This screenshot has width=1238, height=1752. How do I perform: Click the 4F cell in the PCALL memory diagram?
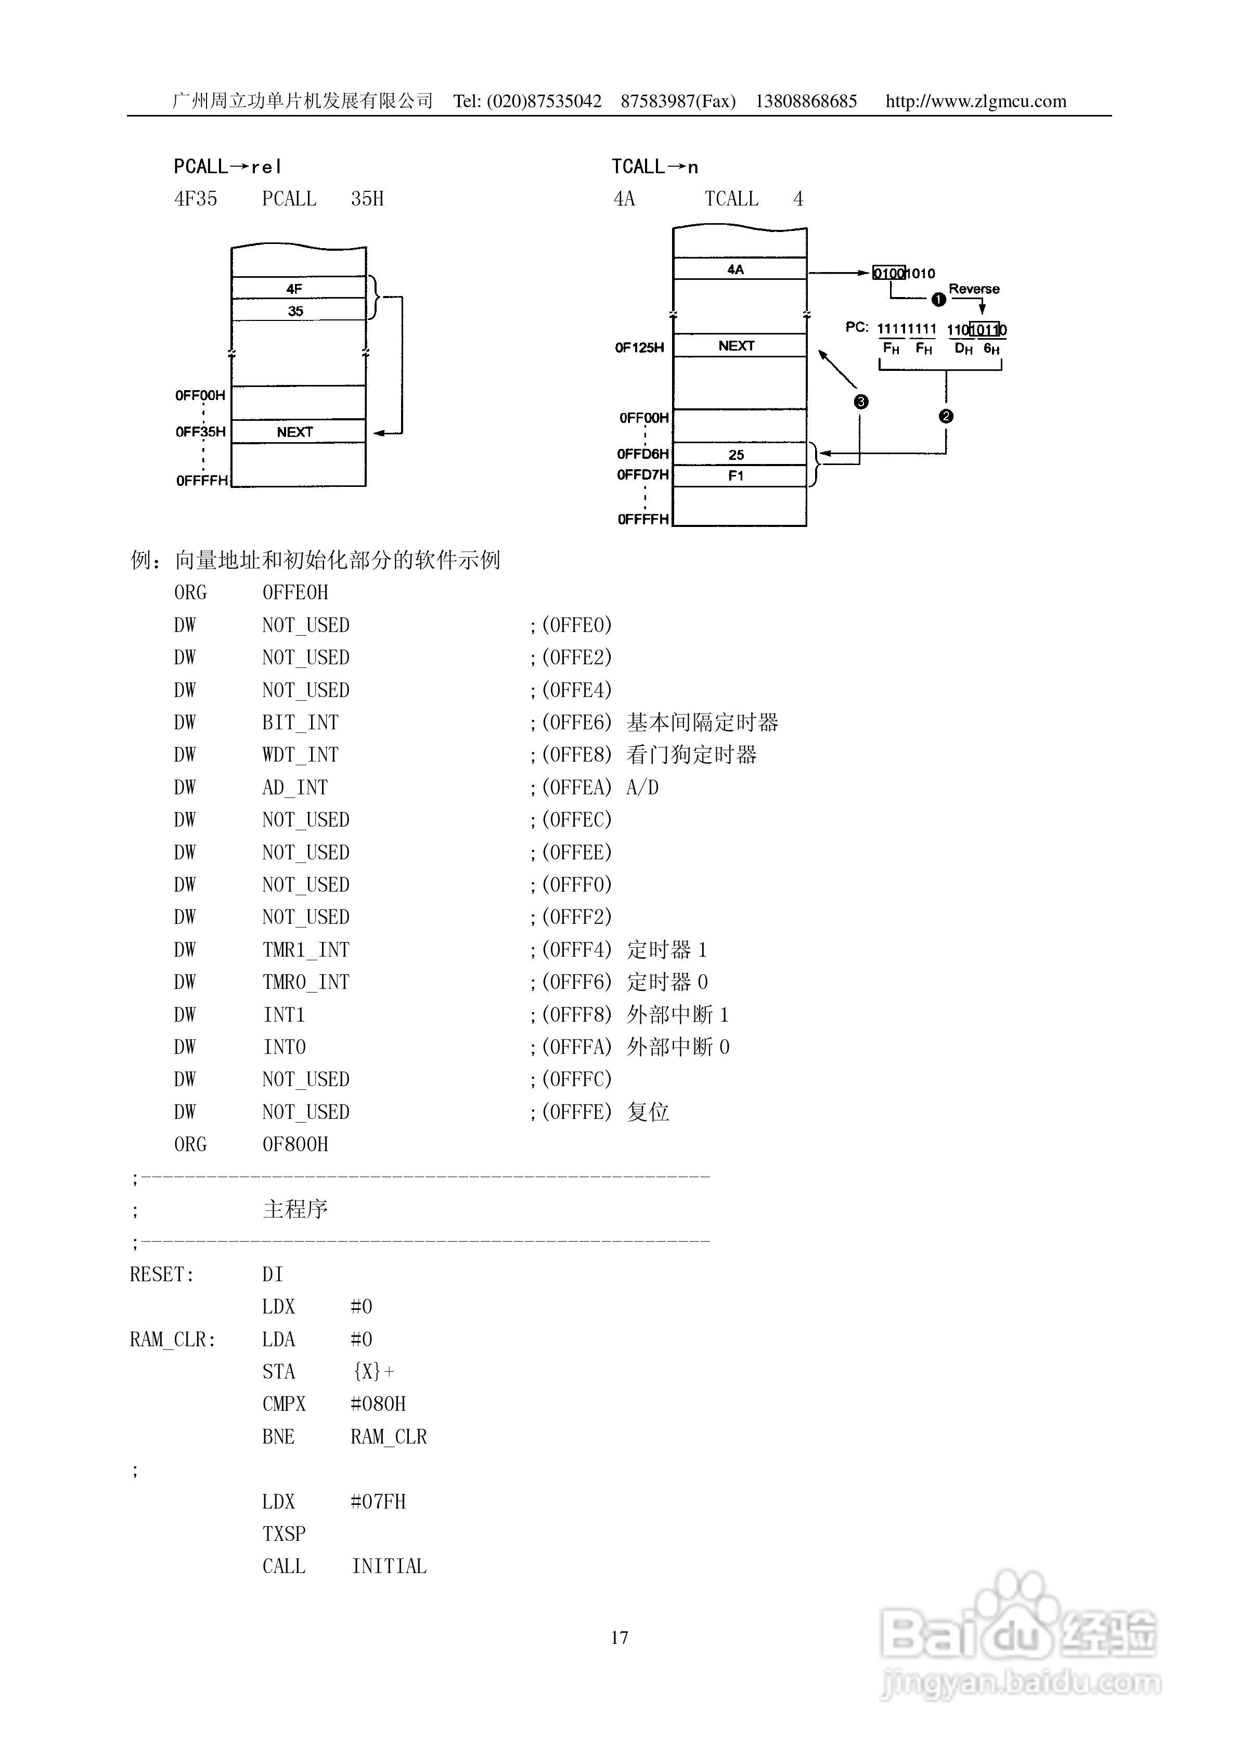pos(294,288)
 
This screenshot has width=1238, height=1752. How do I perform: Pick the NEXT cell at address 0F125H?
pos(737,346)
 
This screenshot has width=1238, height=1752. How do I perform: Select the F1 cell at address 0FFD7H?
pos(736,475)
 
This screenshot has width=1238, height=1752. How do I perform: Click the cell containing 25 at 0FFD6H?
pos(736,455)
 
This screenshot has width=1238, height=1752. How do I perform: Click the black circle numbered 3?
pos(861,402)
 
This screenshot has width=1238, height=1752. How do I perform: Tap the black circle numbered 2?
pos(946,416)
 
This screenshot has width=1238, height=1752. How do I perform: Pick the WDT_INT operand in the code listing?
pos(300,755)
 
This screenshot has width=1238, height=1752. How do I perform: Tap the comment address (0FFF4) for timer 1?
pos(576,950)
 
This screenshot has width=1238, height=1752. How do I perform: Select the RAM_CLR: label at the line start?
pos(173,1339)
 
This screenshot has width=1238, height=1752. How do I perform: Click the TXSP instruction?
pos(284,1534)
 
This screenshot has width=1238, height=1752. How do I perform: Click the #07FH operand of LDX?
pos(378,1502)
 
